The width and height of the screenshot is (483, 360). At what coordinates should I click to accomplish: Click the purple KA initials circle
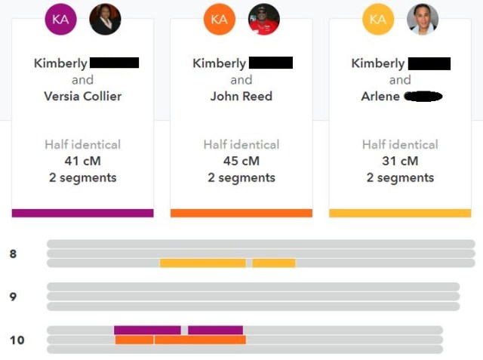click(60, 20)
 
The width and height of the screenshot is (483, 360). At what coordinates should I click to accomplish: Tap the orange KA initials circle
click(219, 20)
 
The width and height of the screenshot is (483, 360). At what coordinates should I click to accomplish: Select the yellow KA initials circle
click(378, 20)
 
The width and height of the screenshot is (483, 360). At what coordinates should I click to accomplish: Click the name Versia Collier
click(82, 96)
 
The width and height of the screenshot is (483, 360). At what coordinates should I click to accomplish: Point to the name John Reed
click(241, 96)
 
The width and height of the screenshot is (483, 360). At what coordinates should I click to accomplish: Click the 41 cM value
click(82, 161)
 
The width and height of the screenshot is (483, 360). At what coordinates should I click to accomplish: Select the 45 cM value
click(241, 161)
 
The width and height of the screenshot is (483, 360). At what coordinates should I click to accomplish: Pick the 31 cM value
click(400, 161)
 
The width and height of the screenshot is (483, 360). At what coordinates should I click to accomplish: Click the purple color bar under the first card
click(82, 213)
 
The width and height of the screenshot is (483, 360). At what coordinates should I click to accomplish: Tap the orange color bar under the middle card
click(241, 213)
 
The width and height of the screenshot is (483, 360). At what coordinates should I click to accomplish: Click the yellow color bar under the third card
click(400, 213)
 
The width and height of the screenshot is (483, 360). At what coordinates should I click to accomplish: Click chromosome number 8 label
click(13, 254)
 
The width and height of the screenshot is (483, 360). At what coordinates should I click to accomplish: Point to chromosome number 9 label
click(13, 297)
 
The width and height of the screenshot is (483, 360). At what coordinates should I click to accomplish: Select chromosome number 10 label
click(17, 340)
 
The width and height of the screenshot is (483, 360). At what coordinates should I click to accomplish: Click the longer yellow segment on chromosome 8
click(202, 263)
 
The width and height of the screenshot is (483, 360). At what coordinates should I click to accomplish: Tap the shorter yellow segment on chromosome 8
click(273, 263)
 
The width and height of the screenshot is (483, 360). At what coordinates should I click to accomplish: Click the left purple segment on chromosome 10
click(147, 330)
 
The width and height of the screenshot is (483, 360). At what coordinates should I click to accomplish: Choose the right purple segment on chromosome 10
click(215, 330)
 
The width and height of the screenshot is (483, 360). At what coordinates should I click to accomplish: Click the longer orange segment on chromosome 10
click(200, 340)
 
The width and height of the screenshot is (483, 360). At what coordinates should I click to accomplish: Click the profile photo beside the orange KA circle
click(264, 20)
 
